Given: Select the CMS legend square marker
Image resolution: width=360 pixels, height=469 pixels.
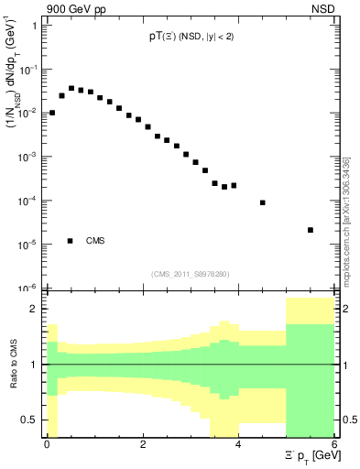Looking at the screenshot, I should [x=71, y=241].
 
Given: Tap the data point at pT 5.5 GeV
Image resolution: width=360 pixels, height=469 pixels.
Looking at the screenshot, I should [x=311, y=230].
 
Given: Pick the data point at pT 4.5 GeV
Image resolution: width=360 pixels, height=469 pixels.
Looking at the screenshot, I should [x=263, y=202].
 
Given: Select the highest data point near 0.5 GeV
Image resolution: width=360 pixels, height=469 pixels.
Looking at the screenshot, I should [x=71, y=88].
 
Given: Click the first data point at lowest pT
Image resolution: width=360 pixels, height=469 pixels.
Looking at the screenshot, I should [x=52, y=113].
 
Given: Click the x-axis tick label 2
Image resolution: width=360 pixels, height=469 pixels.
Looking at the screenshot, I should [x=143, y=444].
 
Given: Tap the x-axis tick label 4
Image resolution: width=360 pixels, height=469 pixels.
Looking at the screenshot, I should [x=239, y=444].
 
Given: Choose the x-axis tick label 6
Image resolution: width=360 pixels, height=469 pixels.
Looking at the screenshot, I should [x=335, y=444].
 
